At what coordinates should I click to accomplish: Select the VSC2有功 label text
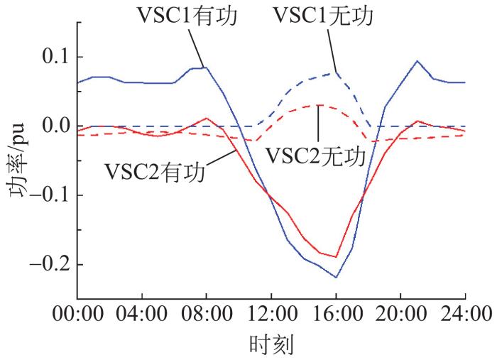pyautogui.click(x=155, y=170)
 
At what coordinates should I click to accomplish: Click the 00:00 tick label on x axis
pyautogui.click(x=77, y=313)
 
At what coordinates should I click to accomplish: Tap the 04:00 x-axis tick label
pyautogui.click(x=142, y=313)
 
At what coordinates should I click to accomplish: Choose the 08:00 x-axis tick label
pyautogui.click(x=207, y=313)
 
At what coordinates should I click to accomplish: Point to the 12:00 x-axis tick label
pyautogui.click(x=271, y=313)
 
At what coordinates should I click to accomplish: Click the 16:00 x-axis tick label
pyautogui.click(x=336, y=313)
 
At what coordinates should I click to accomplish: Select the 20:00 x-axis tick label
pyautogui.click(x=400, y=313)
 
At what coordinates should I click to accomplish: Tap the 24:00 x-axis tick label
pyautogui.click(x=465, y=313)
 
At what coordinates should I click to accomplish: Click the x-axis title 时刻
pyautogui.click(x=271, y=346)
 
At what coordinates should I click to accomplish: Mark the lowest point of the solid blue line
pyautogui.click(x=336, y=278)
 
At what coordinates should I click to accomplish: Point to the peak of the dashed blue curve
pyautogui.click(x=336, y=72)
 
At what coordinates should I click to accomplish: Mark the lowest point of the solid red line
pyautogui.click(x=336, y=257)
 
